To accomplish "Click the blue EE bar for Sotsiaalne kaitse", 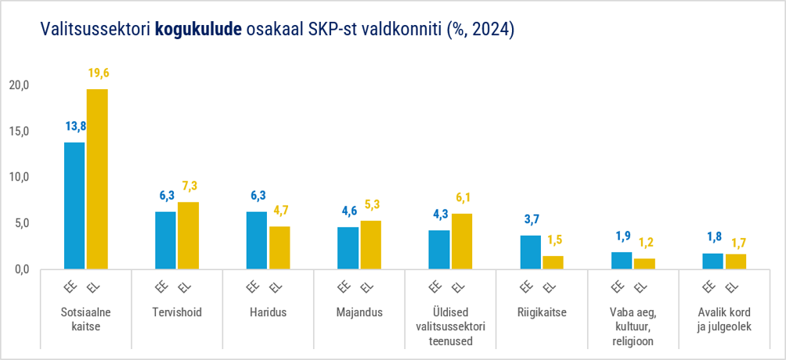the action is pyautogui.click(x=74, y=206).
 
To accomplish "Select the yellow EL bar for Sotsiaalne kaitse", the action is pyautogui.click(x=97, y=179).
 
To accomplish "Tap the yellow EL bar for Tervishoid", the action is pyautogui.click(x=189, y=236).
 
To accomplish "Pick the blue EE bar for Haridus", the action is pyautogui.click(x=257, y=240).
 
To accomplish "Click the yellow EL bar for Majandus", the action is pyautogui.click(x=371, y=245).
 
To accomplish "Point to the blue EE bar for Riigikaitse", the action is pyautogui.click(x=530, y=252).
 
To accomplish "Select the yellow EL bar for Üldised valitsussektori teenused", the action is pyautogui.click(x=462, y=241).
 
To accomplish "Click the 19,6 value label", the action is pyautogui.click(x=99, y=74).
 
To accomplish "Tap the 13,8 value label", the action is pyautogui.click(x=76, y=126).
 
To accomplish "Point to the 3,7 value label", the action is pyautogui.click(x=531, y=218).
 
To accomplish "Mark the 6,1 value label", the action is pyautogui.click(x=463, y=197).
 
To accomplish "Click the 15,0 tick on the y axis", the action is pyautogui.click(x=19, y=131).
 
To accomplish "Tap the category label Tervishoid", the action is pyautogui.click(x=177, y=313).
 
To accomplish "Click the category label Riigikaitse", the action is pyautogui.click(x=542, y=313).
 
